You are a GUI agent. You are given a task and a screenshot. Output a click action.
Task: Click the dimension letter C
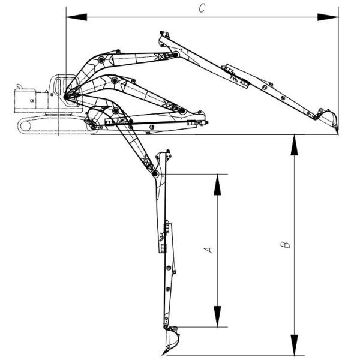pos(202,8)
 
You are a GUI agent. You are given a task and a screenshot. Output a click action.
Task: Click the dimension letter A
pos(209,250)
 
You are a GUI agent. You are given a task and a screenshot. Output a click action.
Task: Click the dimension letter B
pos(286,245)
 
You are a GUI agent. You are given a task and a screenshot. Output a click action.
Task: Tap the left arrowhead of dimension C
pos(76,17)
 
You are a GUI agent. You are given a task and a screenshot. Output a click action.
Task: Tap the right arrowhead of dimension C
pos(328,17)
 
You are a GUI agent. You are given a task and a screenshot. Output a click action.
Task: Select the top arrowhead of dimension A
pos(217,185)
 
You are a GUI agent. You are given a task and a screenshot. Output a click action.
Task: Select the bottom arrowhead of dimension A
pos(217,316)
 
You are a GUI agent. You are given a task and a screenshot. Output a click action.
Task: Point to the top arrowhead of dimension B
pos(294,145)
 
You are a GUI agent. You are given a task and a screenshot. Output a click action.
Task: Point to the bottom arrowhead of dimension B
pos(294,345)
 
